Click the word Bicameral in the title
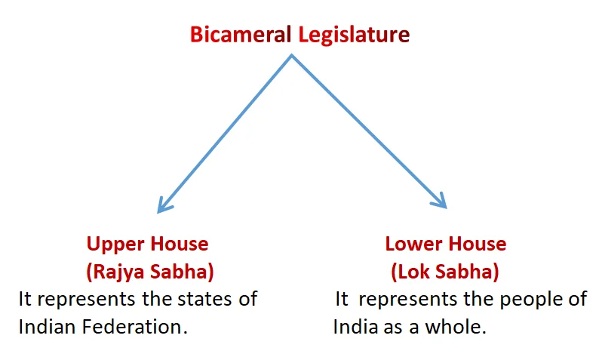241,34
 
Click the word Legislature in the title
354,35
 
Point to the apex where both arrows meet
291,56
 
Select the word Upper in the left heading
115,245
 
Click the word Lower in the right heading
413,244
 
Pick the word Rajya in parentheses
115,272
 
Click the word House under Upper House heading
180,244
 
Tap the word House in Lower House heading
478,244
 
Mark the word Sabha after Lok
468,272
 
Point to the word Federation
135,327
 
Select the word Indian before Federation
48,327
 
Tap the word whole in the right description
456,327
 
